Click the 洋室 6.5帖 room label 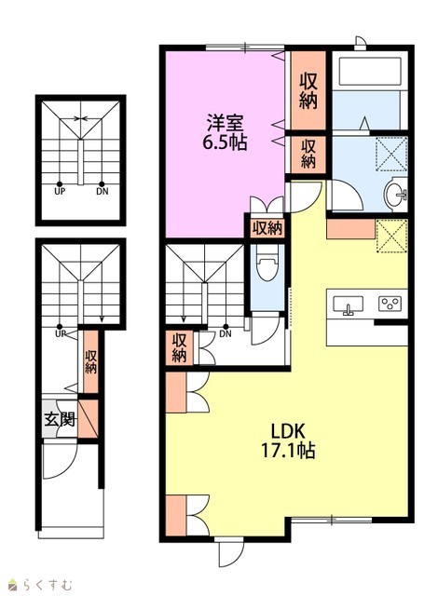click(225, 132)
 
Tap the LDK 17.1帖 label click(288, 440)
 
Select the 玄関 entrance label click(60, 420)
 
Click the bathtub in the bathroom click(370, 71)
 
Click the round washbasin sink click(394, 195)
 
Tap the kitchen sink click(348, 305)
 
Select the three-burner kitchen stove click(390, 303)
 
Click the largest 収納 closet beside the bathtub click(308, 90)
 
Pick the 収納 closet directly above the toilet click(267, 229)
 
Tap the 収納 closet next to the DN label click(179, 347)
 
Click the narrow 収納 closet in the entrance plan click(90, 361)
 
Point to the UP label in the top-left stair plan click(60, 191)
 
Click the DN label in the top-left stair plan click(102, 191)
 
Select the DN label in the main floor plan click(226, 334)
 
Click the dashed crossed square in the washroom click(391, 153)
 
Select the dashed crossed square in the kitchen click(391, 236)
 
